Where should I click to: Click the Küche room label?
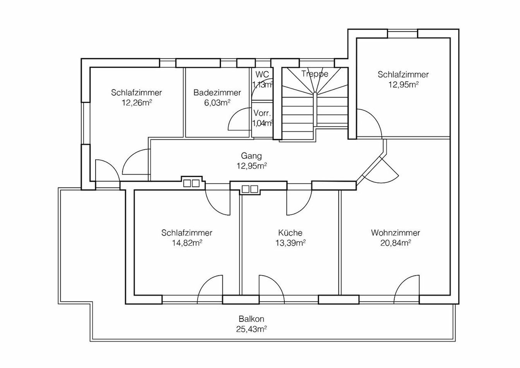pos(290,233)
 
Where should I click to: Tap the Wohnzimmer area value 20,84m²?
pos(395,243)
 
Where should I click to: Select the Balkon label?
pos(251,319)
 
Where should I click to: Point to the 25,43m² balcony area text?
pos(251,329)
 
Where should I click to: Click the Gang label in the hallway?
pos(251,156)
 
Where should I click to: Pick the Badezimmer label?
pos(217,93)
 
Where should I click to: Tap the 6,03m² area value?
pos(217,103)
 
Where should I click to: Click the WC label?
pos(262,74)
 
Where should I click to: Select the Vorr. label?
pos(262,113)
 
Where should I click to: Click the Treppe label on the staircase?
pos(315,74)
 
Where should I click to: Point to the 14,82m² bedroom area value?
pos(187,243)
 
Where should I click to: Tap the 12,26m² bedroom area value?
pos(136,103)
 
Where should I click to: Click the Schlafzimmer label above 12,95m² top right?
pos(403,74)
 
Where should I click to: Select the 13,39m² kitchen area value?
pos(290,243)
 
